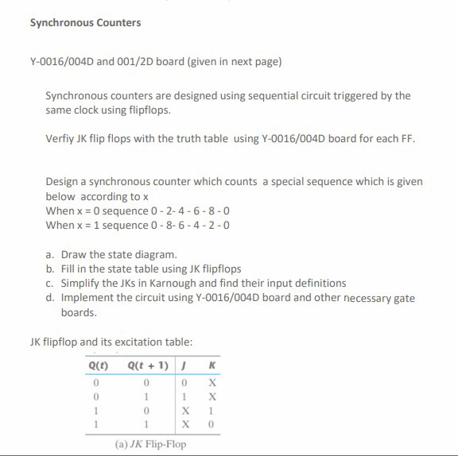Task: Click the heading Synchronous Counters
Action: tap(85, 22)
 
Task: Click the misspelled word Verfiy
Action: tap(60, 138)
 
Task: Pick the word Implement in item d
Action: tap(87, 298)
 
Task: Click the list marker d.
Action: tap(50, 298)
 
